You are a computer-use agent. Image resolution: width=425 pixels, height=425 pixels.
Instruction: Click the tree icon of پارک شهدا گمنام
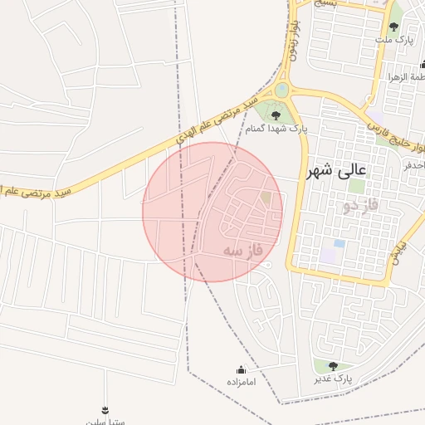[x=276, y=115]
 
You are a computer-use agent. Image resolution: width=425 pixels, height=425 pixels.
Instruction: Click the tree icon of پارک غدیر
[x=333, y=366]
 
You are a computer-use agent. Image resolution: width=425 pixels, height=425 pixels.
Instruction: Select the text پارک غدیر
[x=333, y=379]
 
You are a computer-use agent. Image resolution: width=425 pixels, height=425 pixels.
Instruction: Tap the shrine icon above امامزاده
[x=242, y=369]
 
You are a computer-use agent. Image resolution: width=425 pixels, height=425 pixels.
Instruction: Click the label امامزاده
[x=241, y=382]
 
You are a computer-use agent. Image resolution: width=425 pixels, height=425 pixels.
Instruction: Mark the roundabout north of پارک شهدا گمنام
[x=282, y=89]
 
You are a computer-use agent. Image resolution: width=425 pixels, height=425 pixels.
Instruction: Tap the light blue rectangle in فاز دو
[x=339, y=244]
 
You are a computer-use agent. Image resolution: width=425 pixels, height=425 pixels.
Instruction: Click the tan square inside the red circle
[x=266, y=199]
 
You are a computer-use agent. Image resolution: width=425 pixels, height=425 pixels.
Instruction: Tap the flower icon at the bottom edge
[x=105, y=410]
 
